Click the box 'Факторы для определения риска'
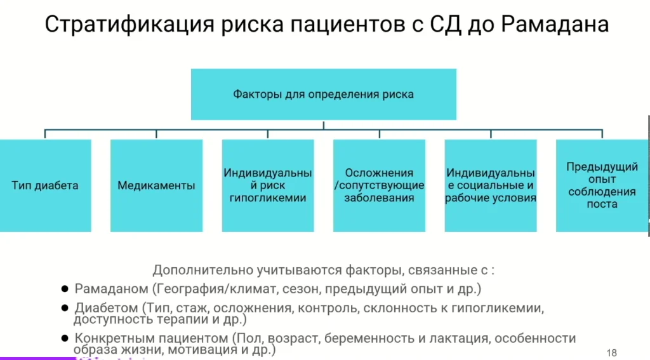point(323,95)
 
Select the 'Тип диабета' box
point(45,185)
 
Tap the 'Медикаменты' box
point(156,185)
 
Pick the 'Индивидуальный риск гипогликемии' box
point(267,185)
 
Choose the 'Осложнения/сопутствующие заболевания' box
point(379,185)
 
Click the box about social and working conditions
point(490,185)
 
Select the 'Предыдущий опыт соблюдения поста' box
point(602,185)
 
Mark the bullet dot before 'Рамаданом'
point(64,289)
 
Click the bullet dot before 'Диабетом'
point(64,308)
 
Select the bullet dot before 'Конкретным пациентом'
point(64,338)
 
